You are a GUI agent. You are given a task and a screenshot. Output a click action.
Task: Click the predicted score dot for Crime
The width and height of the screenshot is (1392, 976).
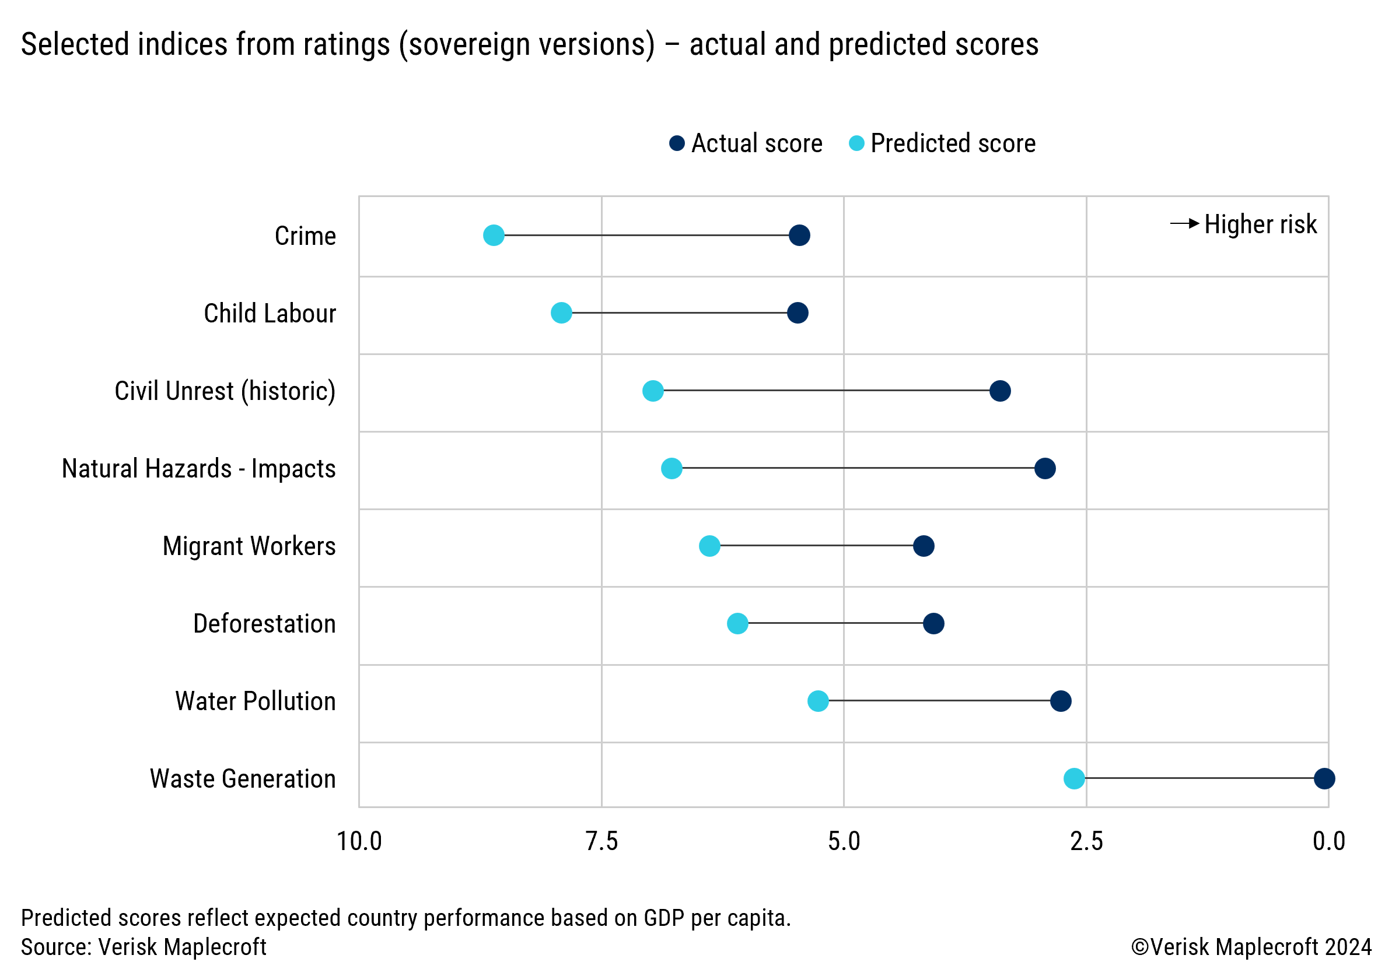click(x=494, y=235)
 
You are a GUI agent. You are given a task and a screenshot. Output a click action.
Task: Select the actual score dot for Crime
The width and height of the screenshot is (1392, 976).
click(x=799, y=235)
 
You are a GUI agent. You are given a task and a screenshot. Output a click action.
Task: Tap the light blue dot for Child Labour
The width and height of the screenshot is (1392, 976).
click(x=561, y=313)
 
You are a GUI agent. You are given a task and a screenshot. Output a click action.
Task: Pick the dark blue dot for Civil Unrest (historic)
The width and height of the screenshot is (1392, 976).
click(x=1000, y=391)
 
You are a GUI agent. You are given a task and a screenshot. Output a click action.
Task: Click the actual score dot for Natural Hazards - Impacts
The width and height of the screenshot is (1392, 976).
click(x=1045, y=468)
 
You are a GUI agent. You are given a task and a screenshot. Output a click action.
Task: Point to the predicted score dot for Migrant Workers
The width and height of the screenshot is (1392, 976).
click(x=709, y=546)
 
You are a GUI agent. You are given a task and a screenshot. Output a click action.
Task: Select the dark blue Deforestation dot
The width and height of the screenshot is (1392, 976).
click(x=933, y=623)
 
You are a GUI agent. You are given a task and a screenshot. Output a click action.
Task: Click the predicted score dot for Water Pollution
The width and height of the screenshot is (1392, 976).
click(x=818, y=701)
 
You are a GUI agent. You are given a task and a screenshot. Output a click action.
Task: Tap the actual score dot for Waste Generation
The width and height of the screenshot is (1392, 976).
click(x=1324, y=778)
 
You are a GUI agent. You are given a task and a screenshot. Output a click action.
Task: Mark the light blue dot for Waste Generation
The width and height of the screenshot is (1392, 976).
click(x=1073, y=778)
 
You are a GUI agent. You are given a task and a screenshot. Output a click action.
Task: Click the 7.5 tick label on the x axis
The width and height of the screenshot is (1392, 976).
click(x=601, y=841)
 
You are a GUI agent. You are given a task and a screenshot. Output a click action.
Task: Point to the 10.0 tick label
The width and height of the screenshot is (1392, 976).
click(x=359, y=841)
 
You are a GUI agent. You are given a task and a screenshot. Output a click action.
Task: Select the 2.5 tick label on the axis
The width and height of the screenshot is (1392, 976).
click(x=1086, y=841)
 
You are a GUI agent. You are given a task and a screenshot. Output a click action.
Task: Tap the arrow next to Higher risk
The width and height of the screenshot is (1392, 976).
click(x=1184, y=223)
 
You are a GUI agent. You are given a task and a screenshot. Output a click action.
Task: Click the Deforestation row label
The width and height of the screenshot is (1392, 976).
click(x=264, y=623)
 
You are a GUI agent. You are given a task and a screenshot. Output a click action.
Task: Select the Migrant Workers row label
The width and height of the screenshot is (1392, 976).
click(x=249, y=546)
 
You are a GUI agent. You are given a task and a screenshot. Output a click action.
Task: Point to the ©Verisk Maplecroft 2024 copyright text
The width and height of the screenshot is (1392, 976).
click(x=1251, y=947)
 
